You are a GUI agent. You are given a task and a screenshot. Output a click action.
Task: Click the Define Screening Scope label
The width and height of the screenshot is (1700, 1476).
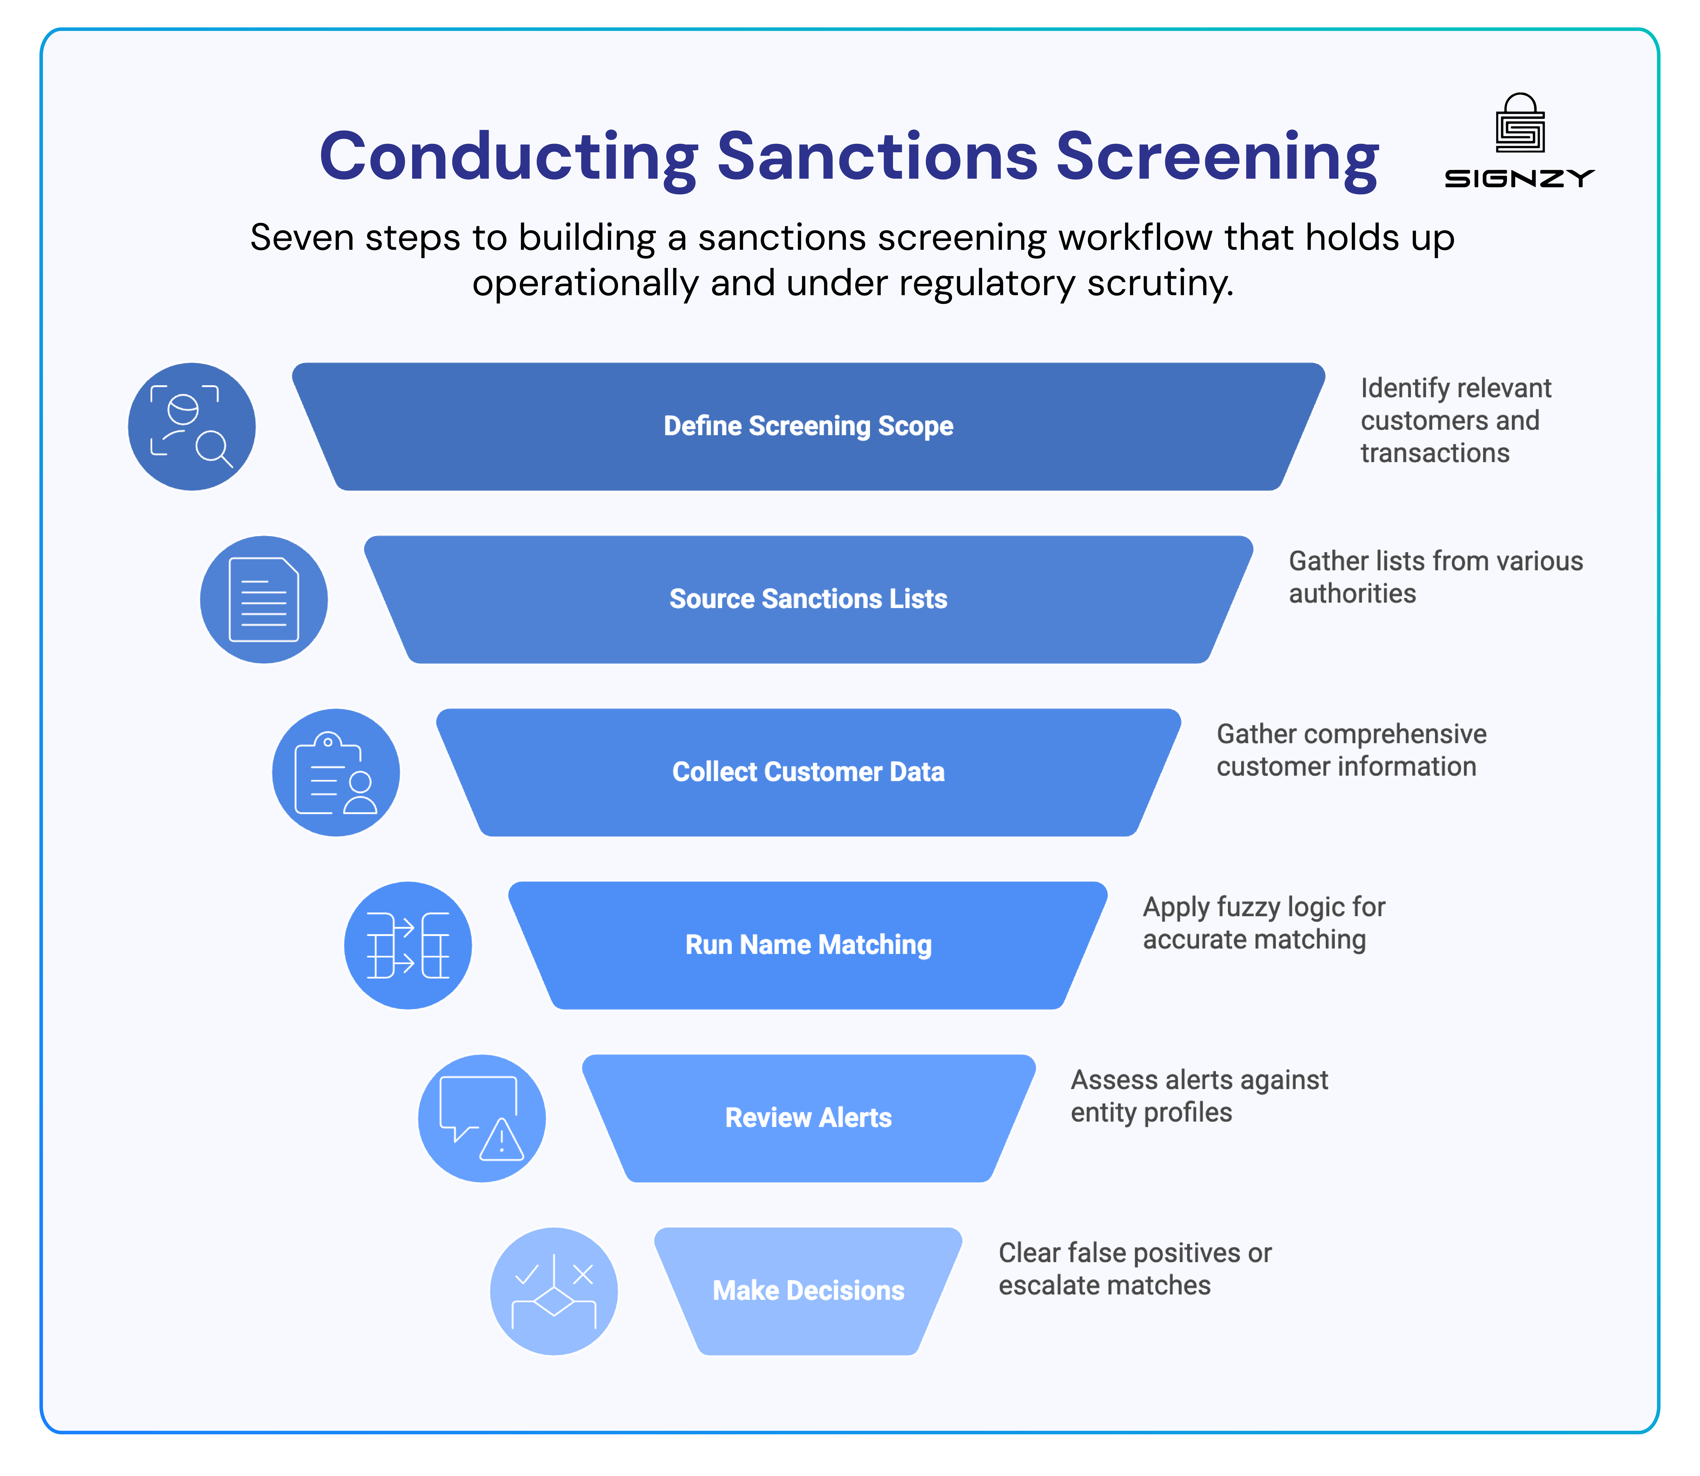[808, 426]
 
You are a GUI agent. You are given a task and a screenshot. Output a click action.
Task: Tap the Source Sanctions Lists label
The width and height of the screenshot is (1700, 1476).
[808, 599]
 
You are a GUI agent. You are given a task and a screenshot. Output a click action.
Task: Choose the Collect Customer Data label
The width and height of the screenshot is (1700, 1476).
[808, 772]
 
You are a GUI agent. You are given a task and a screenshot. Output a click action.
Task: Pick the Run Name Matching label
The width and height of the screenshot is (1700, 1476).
[808, 945]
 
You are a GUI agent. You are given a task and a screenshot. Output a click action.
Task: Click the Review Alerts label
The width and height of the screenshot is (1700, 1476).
[808, 1118]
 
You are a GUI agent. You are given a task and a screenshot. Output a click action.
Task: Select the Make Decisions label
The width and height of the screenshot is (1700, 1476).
[808, 1291]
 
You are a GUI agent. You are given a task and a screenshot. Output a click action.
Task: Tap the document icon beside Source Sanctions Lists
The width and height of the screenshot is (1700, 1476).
[264, 600]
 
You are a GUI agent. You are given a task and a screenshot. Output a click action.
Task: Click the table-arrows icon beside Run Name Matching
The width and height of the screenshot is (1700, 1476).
[408, 946]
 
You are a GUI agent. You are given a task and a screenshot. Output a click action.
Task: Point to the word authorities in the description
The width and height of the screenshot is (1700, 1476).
[1352, 594]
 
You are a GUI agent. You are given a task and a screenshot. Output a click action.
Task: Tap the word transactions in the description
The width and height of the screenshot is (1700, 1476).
[1435, 453]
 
